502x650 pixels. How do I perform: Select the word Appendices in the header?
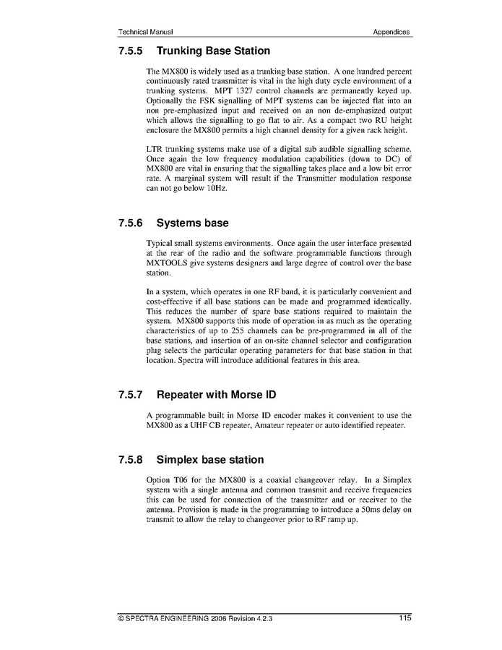391,32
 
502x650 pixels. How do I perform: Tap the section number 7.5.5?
131,51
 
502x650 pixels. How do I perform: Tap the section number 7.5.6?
131,223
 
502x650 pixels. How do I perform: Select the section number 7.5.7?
131,395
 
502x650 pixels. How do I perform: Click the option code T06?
189,479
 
